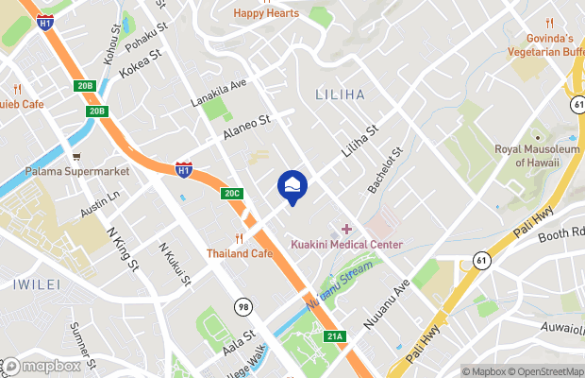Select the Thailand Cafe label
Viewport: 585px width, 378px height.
coord(240,253)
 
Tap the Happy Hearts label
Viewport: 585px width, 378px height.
coord(267,13)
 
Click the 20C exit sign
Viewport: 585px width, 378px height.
coord(232,194)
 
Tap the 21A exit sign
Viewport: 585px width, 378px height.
coord(334,336)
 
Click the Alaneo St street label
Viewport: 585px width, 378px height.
coord(246,129)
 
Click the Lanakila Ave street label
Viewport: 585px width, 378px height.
coord(219,93)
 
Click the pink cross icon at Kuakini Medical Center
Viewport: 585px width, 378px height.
coord(346,229)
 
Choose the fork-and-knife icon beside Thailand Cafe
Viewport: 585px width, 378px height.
coord(240,237)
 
